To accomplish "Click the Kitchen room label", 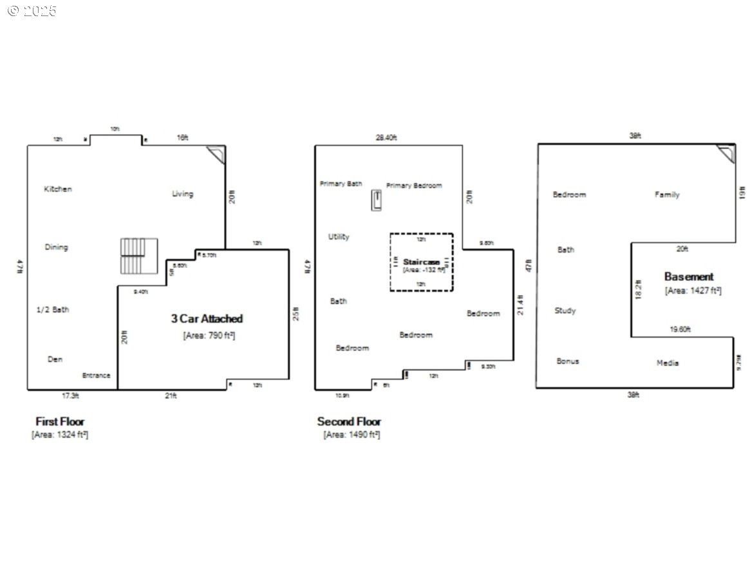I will coord(58,189).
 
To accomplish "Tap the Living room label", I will coord(182,193).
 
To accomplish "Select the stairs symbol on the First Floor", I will coord(139,256).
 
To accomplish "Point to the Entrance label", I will coord(96,376).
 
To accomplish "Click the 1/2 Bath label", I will coord(53,309).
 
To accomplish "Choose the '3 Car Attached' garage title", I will coord(207,318).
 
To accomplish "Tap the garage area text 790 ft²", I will coord(209,334).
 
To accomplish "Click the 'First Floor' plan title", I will coord(60,421).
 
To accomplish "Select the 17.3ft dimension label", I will coord(70,396).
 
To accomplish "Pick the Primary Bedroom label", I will coord(414,186).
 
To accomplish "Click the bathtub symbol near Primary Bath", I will coord(376,200).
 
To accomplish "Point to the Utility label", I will coord(339,236).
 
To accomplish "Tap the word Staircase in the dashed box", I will coord(421,262).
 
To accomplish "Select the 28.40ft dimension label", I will coord(386,137).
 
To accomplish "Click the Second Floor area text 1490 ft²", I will coord(352,435).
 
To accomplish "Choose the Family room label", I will coord(667,195).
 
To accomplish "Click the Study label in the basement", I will coord(565,310).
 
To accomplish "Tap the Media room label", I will coord(668,363).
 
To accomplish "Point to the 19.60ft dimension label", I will coord(680,329).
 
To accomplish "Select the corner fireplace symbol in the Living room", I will coord(217,153).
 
